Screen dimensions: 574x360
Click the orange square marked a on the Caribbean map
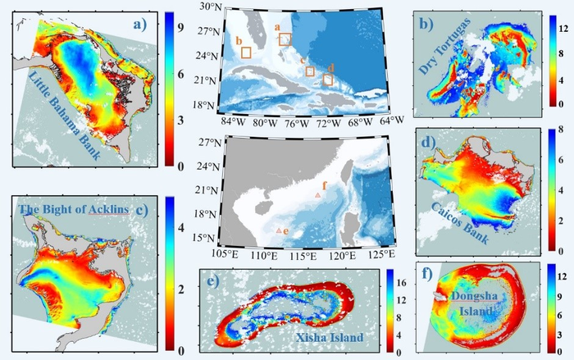point(285,39)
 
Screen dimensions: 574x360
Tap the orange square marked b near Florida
point(246,52)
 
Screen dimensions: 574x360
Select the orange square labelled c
point(310,71)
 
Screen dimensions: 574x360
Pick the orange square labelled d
point(328,80)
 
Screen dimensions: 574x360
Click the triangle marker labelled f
point(318,195)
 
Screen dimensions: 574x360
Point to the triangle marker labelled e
point(279,230)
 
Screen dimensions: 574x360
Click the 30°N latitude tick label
point(209,7)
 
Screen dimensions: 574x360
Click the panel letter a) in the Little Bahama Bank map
point(139,25)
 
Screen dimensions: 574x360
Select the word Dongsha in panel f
point(475,296)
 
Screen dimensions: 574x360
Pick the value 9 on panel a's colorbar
point(180,28)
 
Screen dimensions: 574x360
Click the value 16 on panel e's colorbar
point(401,282)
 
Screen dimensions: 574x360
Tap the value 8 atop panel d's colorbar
point(560,130)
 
